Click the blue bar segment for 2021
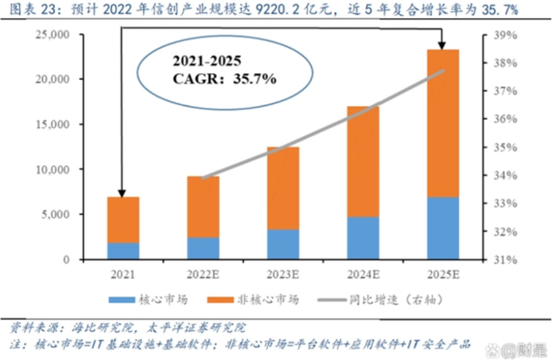click(x=123, y=251)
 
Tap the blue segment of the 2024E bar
click(x=362, y=238)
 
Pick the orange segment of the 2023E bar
click(x=283, y=188)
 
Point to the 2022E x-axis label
click(x=203, y=274)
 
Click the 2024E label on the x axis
click(x=362, y=274)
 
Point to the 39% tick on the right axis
click(x=504, y=35)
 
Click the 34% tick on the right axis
click(x=504, y=176)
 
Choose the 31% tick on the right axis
click(x=504, y=259)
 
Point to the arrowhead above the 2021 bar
click(x=122, y=192)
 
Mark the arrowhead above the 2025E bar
click(x=442, y=44)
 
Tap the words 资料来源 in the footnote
click(x=34, y=328)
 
